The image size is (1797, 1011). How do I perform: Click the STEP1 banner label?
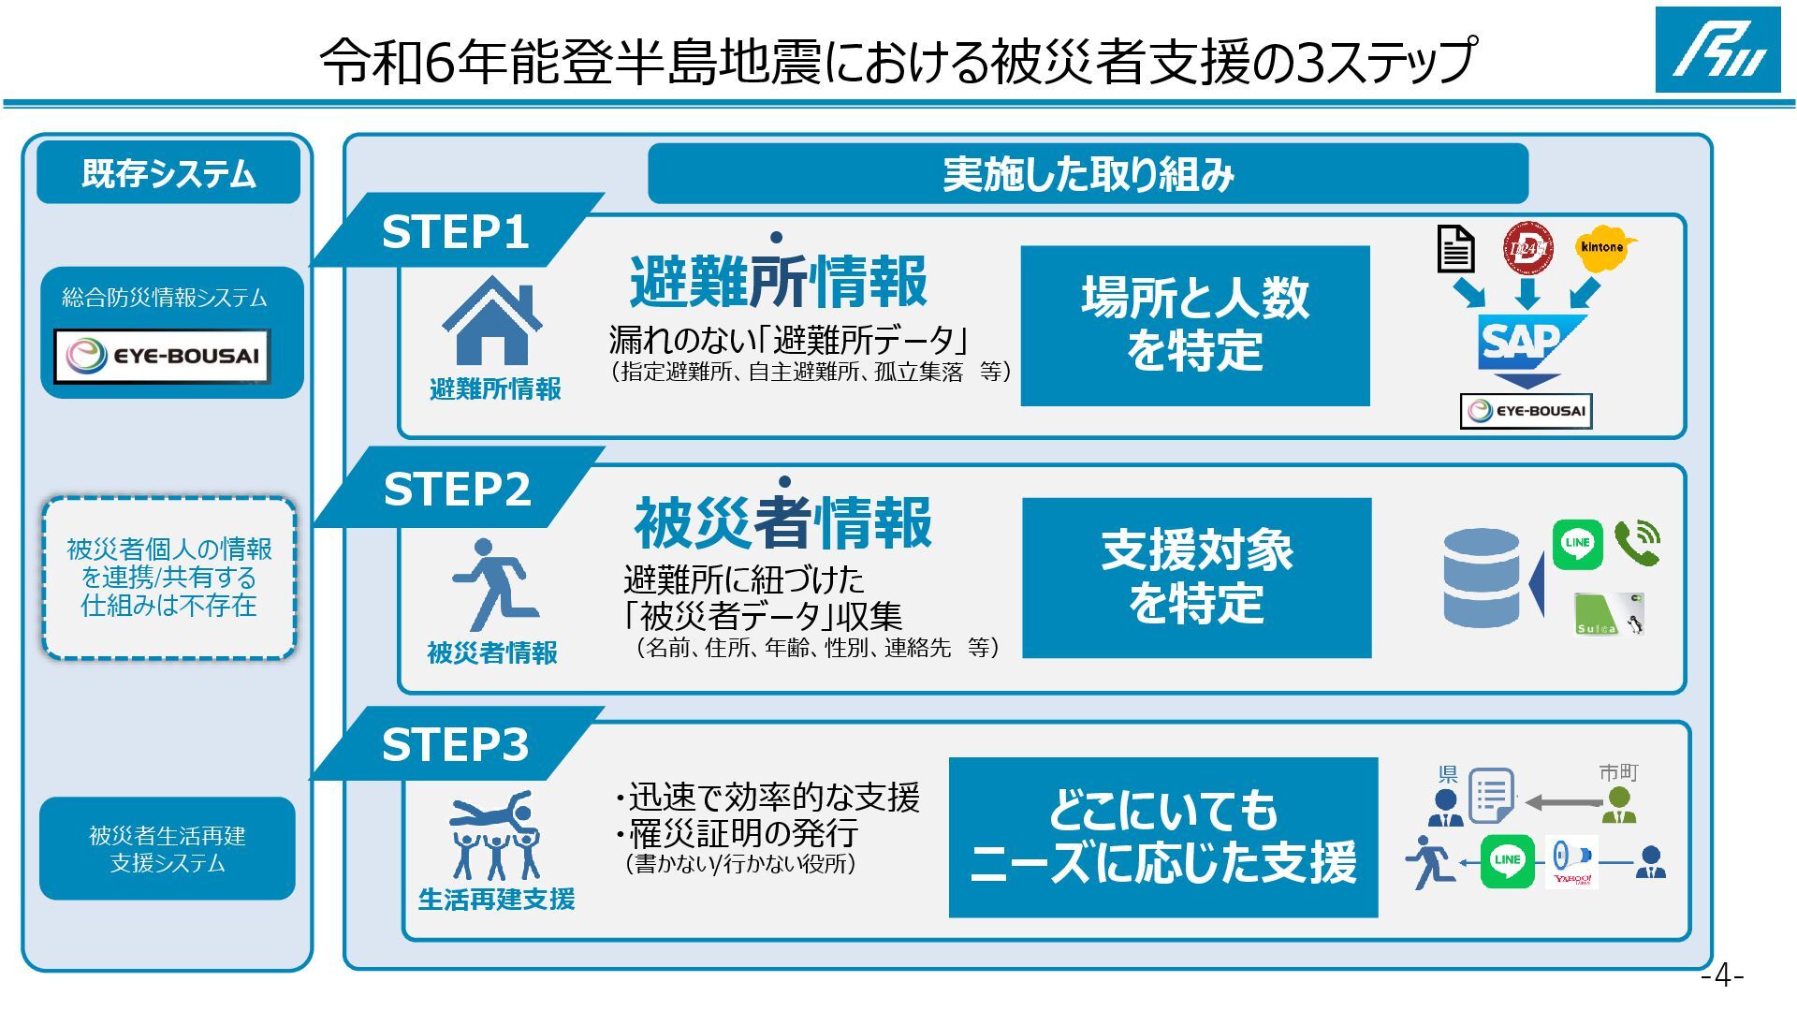tap(455, 232)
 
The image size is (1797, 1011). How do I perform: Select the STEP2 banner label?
tap(457, 489)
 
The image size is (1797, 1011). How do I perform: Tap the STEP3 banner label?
tap(455, 745)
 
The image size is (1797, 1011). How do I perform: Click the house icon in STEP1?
tap(492, 321)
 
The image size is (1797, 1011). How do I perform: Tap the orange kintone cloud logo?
tap(1604, 248)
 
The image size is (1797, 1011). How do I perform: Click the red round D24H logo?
tap(1527, 249)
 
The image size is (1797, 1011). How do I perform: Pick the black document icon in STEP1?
tap(1455, 249)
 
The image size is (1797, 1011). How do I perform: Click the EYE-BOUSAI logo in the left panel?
tap(163, 356)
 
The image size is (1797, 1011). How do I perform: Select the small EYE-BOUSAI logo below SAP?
tap(1526, 411)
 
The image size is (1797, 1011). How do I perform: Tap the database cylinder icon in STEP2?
tap(1482, 578)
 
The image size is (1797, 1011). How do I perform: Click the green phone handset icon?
tap(1637, 544)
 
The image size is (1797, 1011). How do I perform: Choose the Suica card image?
tap(1608, 614)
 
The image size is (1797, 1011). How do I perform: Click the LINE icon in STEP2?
tap(1577, 544)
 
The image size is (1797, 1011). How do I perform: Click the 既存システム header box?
tap(168, 173)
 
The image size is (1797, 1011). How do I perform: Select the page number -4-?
tap(1722, 976)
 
